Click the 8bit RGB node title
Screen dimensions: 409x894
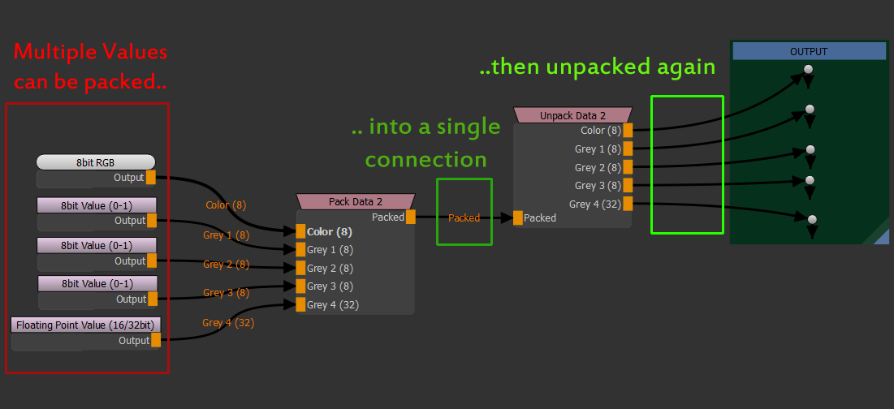click(95, 162)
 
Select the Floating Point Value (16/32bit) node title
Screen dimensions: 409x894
click(86, 325)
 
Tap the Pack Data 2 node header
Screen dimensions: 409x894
click(356, 201)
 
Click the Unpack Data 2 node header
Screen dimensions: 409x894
click(573, 115)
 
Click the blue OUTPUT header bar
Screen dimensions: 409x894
click(809, 51)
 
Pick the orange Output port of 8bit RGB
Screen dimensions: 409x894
click(151, 178)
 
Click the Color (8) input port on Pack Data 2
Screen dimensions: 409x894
click(300, 231)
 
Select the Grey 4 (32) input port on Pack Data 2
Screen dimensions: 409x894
click(300, 305)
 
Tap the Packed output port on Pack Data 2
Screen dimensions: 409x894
click(411, 217)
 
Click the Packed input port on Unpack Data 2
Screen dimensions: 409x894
click(518, 217)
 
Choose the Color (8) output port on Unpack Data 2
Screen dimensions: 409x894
click(628, 130)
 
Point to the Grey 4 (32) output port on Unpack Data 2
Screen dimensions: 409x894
click(628, 204)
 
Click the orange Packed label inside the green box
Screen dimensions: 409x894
click(464, 217)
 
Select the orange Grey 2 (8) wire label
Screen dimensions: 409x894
click(226, 265)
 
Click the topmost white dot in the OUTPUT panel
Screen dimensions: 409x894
click(808, 71)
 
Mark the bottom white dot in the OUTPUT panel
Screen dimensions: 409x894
click(811, 219)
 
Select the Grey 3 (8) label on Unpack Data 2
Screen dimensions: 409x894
click(598, 186)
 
